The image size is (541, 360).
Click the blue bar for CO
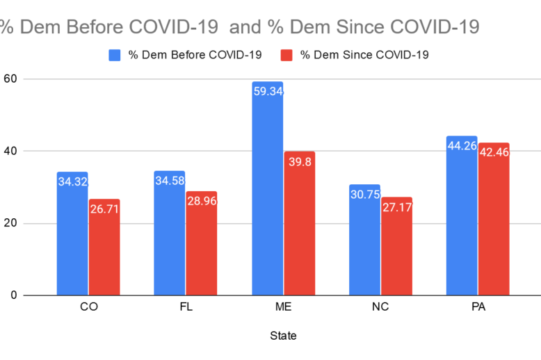(72, 234)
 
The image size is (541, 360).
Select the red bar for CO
(104, 247)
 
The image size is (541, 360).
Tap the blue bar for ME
(267, 188)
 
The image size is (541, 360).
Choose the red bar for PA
(494, 219)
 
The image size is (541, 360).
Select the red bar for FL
(202, 243)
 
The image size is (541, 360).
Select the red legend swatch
(286, 55)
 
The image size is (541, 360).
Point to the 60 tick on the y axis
(10, 79)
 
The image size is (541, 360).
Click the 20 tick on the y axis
(10, 223)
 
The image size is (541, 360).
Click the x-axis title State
(282, 336)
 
